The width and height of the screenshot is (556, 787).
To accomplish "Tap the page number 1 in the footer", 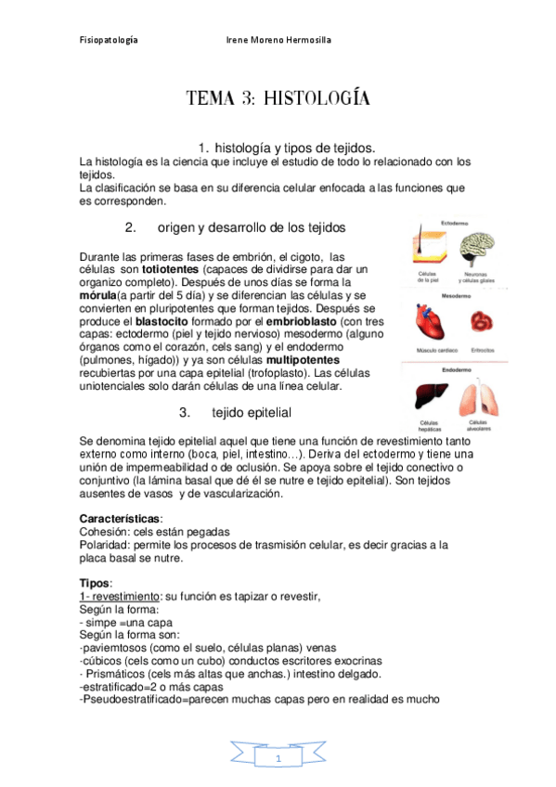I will [x=278, y=760].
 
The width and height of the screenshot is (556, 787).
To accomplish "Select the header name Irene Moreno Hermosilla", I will [x=279, y=41].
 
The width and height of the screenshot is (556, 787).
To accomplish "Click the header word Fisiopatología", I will [x=109, y=41].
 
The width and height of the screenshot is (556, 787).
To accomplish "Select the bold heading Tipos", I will [x=96, y=583].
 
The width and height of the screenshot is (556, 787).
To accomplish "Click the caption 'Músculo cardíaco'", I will [x=428, y=351].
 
